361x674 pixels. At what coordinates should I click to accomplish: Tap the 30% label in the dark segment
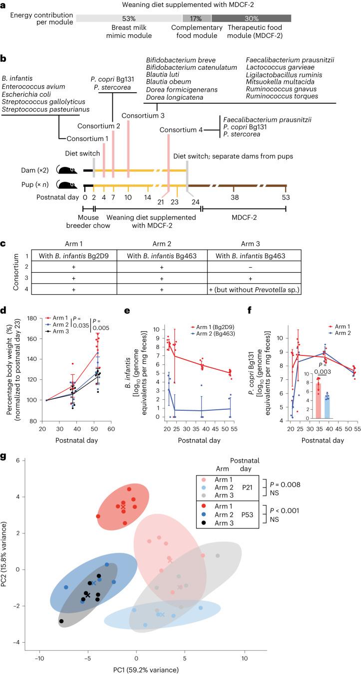point(259,18)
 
